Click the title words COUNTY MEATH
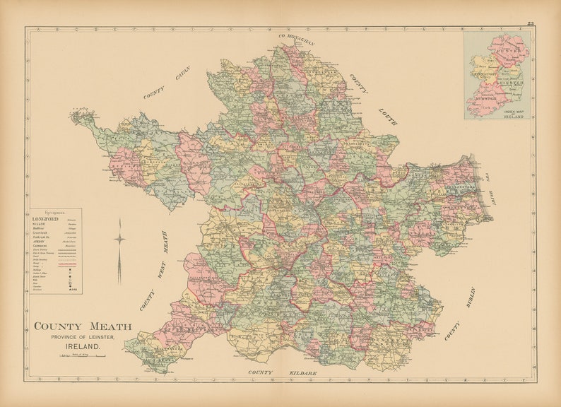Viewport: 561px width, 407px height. click(x=83, y=326)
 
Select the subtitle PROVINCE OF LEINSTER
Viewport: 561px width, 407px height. click(x=83, y=337)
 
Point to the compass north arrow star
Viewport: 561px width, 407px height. click(x=119, y=239)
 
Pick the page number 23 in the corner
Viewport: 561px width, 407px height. click(x=530, y=24)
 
